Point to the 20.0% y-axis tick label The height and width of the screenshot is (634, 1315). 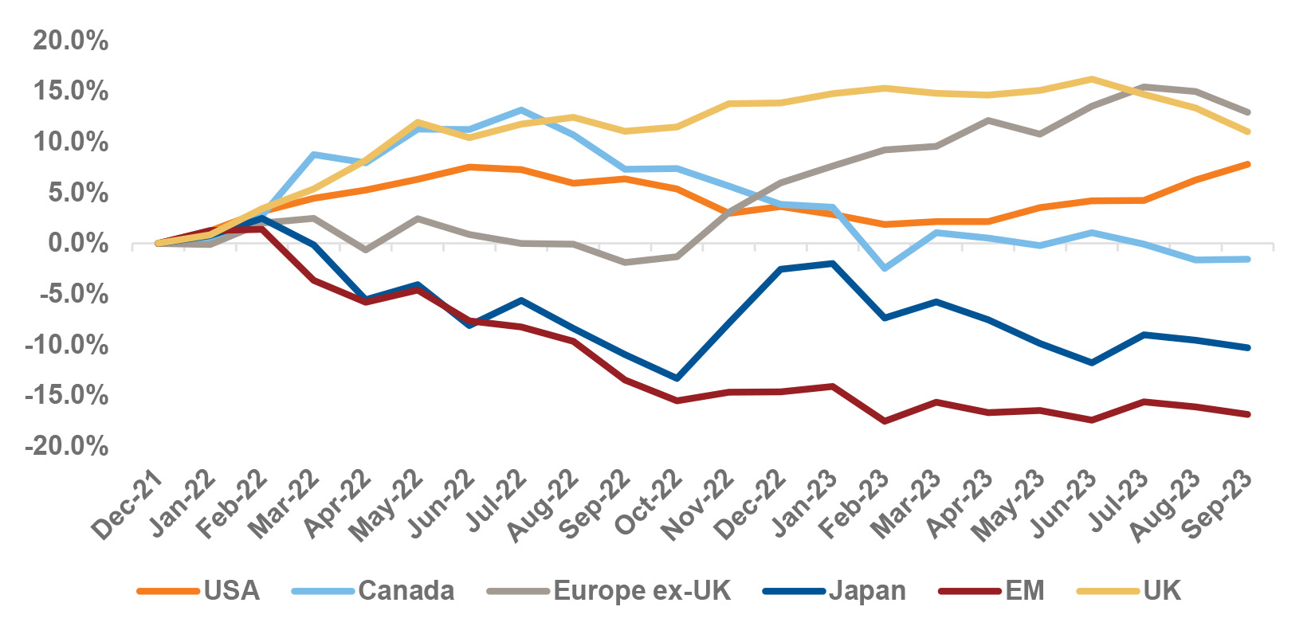coord(70,41)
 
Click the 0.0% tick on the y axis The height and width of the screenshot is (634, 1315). coord(77,243)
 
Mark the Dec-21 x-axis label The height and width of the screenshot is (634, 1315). coord(128,505)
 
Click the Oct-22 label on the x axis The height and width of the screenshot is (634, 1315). coord(649,503)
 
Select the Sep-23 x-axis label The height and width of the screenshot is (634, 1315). coord(1217,504)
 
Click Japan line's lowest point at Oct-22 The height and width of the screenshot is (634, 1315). coord(677,378)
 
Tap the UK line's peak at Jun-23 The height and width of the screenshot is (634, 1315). coord(1091,79)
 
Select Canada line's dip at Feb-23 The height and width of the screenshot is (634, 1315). coord(884,268)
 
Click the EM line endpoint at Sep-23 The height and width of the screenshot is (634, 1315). coord(1247,414)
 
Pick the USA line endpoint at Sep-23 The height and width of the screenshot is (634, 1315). coord(1247,164)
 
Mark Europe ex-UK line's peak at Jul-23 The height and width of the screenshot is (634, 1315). coord(1144,87)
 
